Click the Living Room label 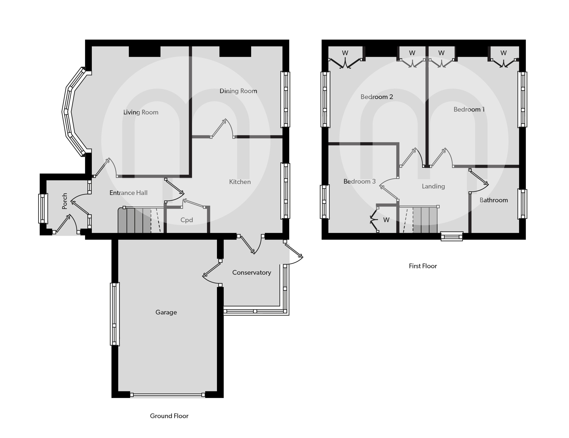click(141, 112)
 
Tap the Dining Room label click(238, 91)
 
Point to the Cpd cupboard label click(186, 220)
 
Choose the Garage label click(166, 312)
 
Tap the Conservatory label click(251, 272)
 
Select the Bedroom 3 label click(359, 181)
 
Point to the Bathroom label click(493, 200)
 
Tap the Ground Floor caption click(169, 416)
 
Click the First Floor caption click(423, 266)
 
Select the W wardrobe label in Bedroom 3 click(386, 220)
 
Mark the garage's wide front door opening click(167, 395)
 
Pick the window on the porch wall click(43, 209)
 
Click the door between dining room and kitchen click(222, 129)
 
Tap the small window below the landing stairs click(452, 236)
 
